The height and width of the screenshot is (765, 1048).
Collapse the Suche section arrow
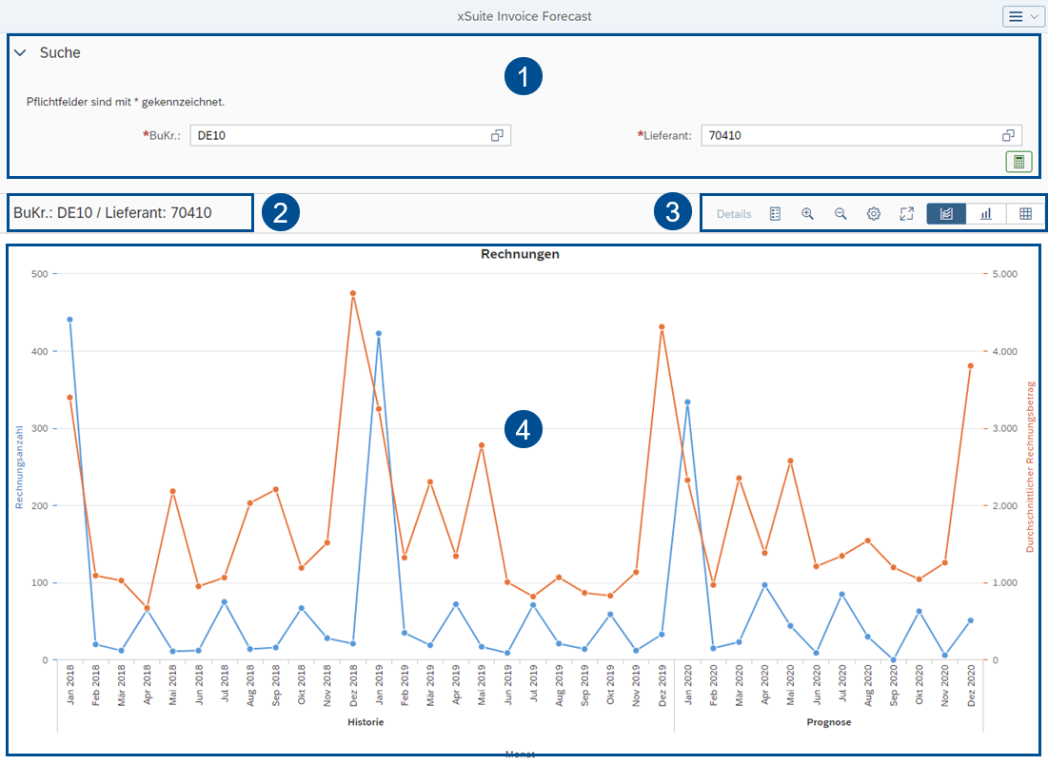point(20,53)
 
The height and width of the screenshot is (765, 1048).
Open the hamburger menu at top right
point(1022,16)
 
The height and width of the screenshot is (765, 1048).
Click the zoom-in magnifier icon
point(807,214)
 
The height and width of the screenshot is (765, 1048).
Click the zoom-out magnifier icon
point(840,214)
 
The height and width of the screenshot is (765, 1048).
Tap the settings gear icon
point(874,214)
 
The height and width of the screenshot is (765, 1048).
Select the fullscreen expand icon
point(906,214)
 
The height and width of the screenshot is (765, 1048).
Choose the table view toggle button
point(1025,214)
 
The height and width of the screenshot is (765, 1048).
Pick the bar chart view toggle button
point(985,214)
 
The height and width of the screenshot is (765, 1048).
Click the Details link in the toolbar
point(734,214)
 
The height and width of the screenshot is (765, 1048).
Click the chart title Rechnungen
point(520,254)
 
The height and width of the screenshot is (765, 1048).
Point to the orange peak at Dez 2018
point(352,294)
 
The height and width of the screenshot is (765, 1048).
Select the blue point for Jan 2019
point(379,334)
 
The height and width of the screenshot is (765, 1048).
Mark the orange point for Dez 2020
point(970,365)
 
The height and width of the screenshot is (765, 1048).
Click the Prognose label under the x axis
point(828,722)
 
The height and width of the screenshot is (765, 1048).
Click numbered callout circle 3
point(673,212)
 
